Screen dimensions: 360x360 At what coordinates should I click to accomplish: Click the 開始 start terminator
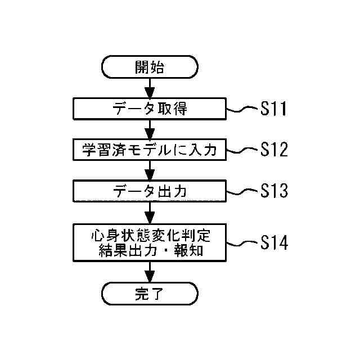[150, 67]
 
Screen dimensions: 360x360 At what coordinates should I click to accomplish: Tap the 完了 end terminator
[150, 294]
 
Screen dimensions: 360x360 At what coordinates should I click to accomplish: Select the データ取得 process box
[150, 109]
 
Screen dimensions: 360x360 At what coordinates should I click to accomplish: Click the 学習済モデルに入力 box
[150, 150]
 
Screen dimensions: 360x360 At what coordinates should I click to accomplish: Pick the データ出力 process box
[150, 191]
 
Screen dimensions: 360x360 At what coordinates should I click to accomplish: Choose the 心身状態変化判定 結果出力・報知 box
[150, 242]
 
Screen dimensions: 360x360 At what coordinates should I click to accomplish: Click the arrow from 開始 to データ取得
[150, 88]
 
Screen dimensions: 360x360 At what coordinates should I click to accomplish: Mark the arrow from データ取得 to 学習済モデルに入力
[150, 129]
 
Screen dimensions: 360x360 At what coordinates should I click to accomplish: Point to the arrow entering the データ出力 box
[150, 171]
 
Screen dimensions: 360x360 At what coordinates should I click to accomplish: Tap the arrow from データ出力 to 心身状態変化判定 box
[150, 213]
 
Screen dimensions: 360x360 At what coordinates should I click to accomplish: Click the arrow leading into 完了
[150, 273]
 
